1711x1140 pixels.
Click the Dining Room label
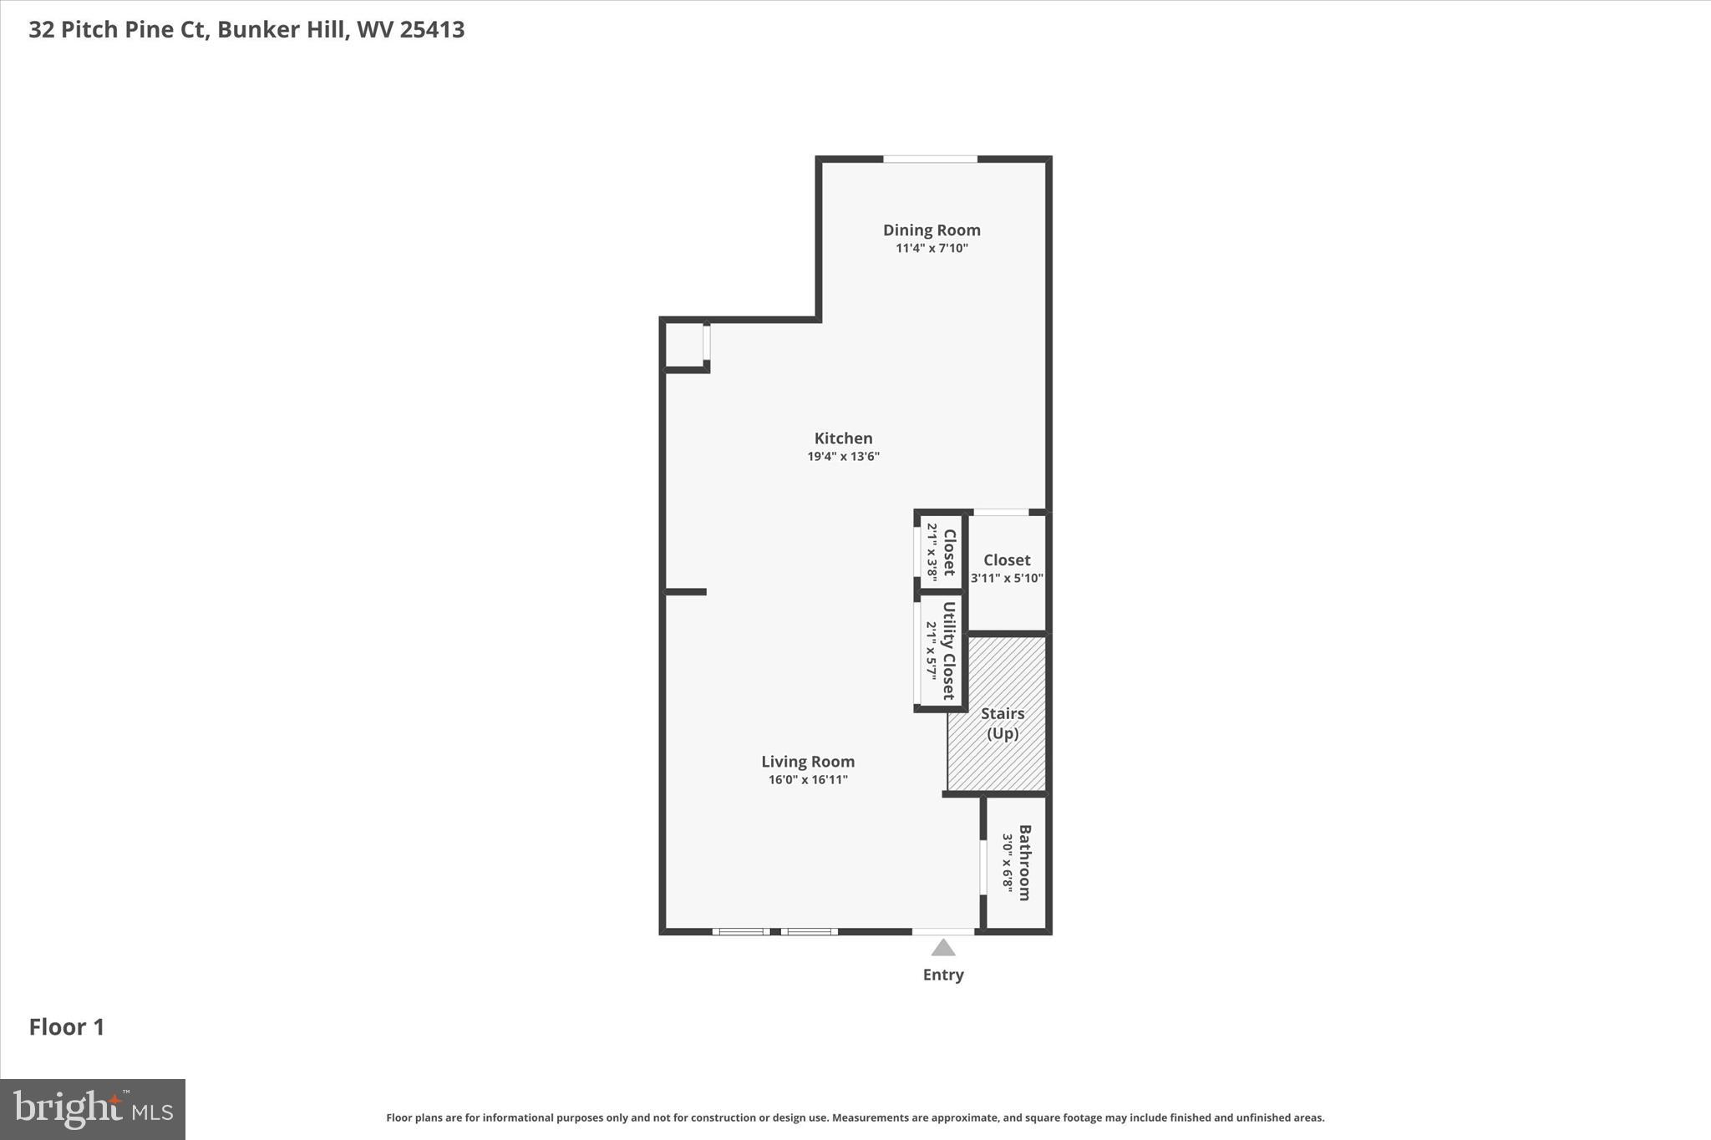(x=932, y=230)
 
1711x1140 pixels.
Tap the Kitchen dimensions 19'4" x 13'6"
(x=843, y=457)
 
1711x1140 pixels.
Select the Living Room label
(x=807, y=762)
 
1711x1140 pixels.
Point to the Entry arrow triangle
(x=943, y=948)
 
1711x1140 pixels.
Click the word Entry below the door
(x=943, y=975)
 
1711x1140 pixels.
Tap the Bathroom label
(x=1024, y=863)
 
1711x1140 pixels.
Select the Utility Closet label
(x=948, y=651)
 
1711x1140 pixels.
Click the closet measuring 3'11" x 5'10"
(x=1007, y=568)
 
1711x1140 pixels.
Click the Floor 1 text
(x=67, y=1027)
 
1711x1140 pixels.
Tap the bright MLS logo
(x=93, y=1109)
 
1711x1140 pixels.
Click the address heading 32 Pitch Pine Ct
(x=246, y=30)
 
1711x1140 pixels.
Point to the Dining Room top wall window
(x=930, y=159)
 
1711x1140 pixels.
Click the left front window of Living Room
(x=741, y=931)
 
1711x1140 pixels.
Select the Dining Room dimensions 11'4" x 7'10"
(x=932, y=249)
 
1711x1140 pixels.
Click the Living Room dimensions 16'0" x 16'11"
(x=808, y=780)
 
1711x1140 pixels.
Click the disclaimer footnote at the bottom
(x=855, y=1117)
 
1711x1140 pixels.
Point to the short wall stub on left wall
(x=686, y=592)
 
